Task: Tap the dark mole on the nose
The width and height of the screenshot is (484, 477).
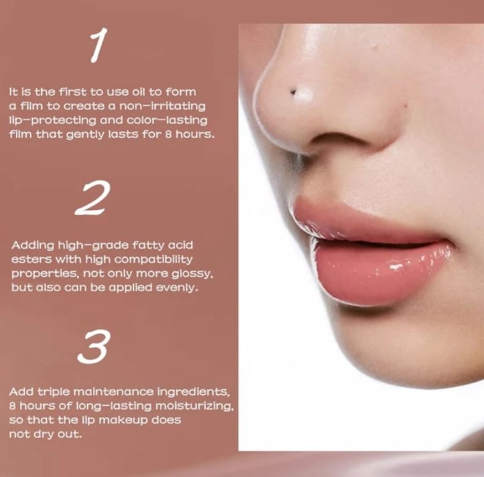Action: coord(292,92)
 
